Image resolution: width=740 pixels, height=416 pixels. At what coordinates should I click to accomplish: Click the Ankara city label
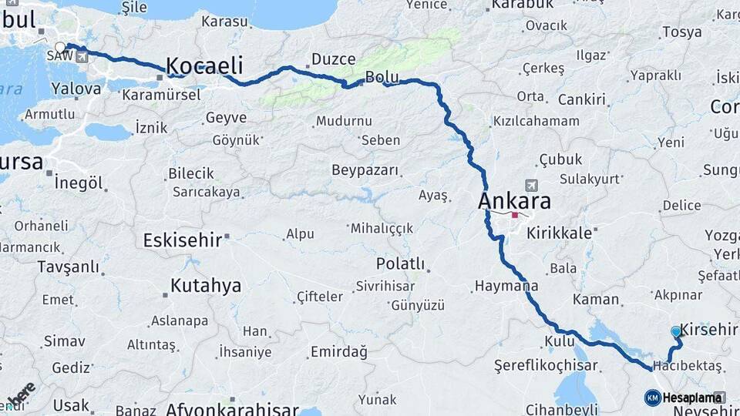515,201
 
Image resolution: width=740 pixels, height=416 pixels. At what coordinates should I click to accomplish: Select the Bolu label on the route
382,77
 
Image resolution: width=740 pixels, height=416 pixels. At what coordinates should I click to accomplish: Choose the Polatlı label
400,263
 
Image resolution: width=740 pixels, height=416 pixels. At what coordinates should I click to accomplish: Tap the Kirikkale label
560,232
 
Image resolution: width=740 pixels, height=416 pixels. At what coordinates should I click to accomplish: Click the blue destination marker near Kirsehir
676,331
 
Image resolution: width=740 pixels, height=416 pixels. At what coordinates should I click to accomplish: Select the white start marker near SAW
60,47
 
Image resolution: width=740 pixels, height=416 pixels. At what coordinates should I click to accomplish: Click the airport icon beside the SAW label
82,56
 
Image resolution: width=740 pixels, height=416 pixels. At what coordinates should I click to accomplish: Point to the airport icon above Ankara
531,185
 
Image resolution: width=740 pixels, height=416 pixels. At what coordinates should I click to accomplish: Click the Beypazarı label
365,169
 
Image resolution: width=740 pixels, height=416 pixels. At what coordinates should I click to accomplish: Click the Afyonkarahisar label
232,408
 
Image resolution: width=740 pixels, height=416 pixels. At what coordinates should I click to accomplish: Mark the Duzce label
333,59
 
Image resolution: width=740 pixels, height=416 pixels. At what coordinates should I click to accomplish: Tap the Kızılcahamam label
536,121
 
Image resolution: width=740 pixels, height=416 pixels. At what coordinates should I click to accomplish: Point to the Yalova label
76,89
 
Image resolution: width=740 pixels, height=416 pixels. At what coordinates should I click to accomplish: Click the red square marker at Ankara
515,216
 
